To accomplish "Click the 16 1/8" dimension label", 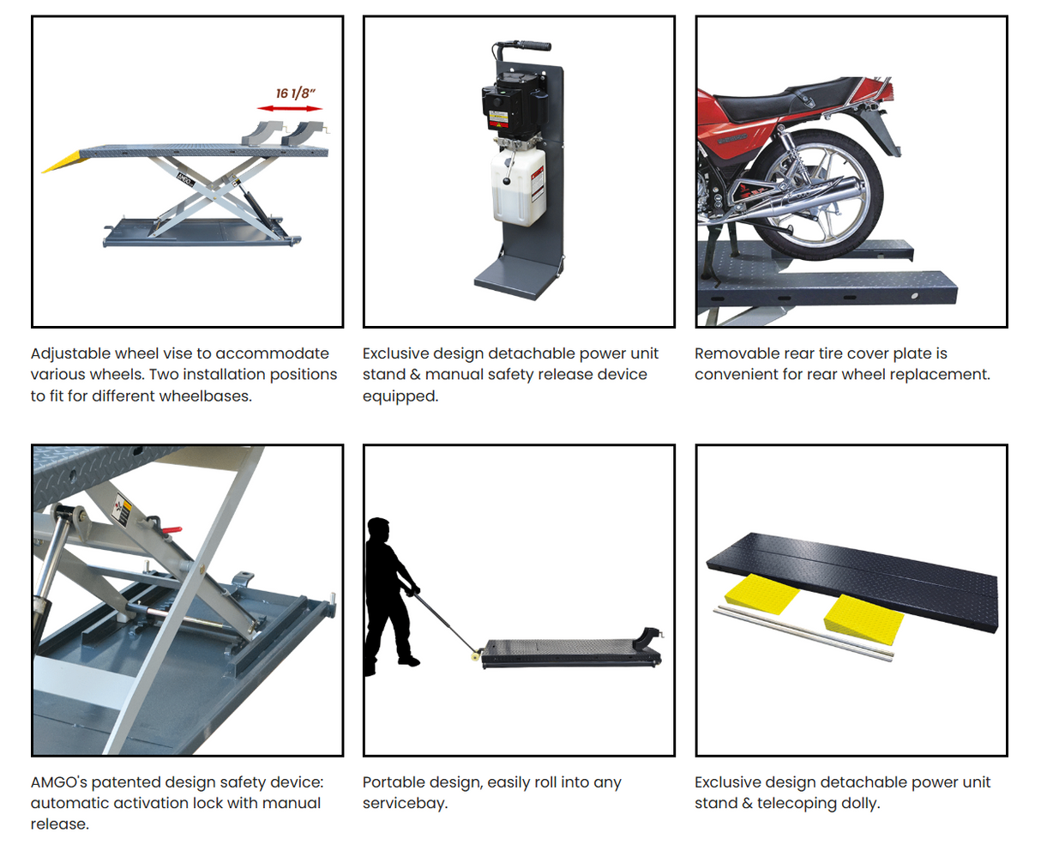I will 296,93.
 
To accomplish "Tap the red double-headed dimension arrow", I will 290,108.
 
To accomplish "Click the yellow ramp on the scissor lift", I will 63,160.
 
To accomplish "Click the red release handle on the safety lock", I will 171,531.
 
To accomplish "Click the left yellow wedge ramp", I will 761,593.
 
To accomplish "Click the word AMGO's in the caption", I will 58,782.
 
